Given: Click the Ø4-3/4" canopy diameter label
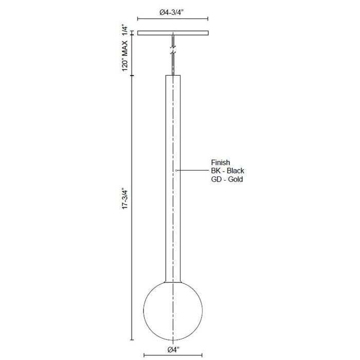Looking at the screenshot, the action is pos(171,12).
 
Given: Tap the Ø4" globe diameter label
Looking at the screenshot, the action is pos(173,350).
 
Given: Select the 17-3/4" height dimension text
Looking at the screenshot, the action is pos(124,199).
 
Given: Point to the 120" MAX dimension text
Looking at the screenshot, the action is pos(124,56).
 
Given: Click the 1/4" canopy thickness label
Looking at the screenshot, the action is pos(124,30).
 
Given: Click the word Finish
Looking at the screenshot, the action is pos(221,163).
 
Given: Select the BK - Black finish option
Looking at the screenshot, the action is pos(227,171).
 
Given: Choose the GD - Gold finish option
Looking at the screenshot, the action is pos(227,179).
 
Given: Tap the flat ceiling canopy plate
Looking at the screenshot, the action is pos(173,33).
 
